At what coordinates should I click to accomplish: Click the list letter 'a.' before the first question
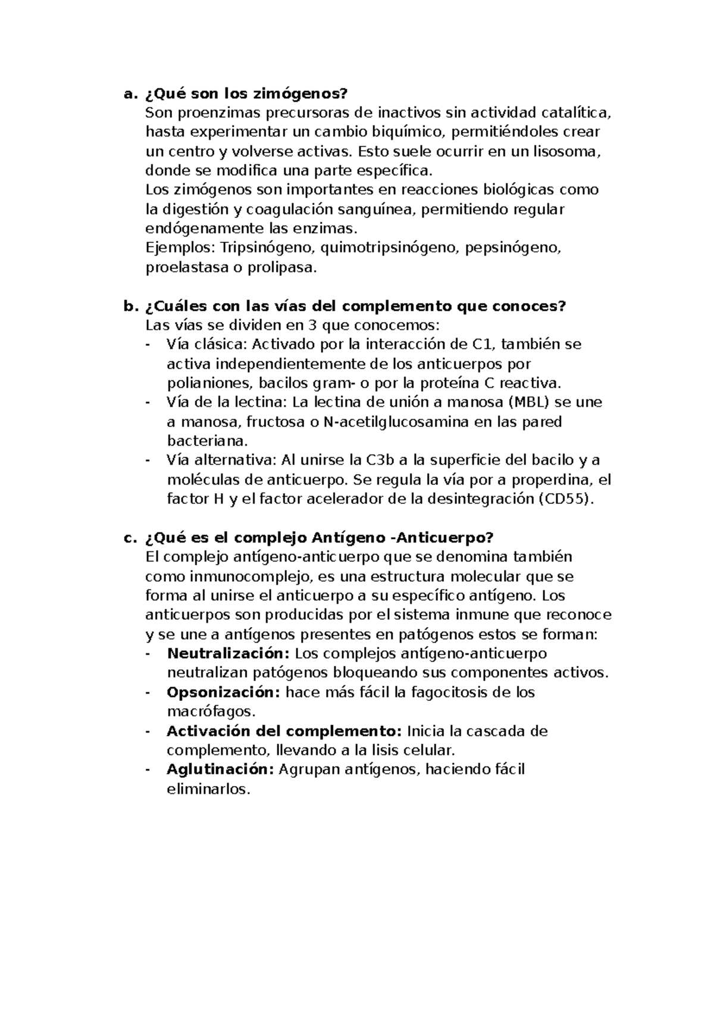coord(129,94)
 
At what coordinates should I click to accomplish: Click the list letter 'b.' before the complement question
coord(129,306)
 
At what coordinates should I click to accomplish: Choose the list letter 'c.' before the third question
coord(129,538)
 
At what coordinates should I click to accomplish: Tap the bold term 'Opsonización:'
coord(223,692)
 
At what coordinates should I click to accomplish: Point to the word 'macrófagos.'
coord(212,711)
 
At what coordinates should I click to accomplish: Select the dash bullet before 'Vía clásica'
coord(148,345)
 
